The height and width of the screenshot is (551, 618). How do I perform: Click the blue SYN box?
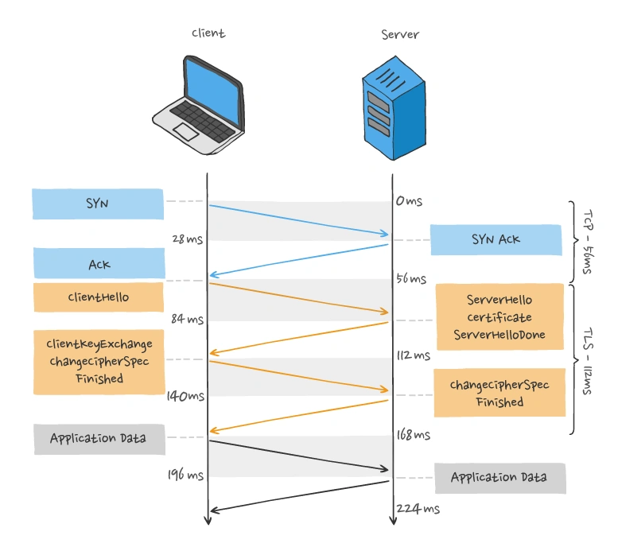click(98, 204)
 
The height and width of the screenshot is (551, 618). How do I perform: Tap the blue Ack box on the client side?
click(99, 264)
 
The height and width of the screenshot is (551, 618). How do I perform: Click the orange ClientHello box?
click(99, 297)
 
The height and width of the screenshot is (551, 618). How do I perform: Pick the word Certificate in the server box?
click(499, 317)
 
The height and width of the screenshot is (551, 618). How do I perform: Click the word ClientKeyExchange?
click(99, 343)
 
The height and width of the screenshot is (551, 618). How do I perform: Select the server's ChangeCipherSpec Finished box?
click(499, 393)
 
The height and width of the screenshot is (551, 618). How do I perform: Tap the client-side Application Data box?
click(98, 438)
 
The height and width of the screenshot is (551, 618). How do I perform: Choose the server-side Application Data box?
click(499, 478)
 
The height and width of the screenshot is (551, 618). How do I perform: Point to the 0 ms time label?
click(409, 201)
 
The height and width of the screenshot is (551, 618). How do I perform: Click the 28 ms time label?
click(188, 239)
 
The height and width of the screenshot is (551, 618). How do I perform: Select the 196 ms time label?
click(185, 475)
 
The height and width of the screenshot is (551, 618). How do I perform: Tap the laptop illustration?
click(198, 99)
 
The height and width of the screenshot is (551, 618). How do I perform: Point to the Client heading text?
click(208, 33)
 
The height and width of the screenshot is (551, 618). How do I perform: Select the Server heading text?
click(399, 34)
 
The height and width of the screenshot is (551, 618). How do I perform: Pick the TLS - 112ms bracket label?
click(589, 359)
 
